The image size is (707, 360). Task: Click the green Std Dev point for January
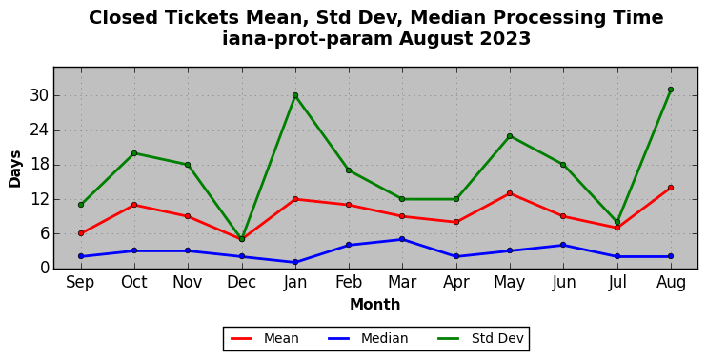(x=295, y=95)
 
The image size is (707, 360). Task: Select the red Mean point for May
(x=510, y=193)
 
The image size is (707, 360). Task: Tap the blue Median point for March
(x=402, y=239)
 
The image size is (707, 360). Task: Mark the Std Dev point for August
(x=671, y=90)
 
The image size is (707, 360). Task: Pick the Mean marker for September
(x=81, y=233)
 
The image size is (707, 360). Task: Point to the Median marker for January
(x=295, y=262)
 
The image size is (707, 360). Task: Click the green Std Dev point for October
(x=134, y=153)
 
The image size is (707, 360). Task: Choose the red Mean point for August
(x=671, y=188)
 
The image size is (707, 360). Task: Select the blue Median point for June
(x=563, y=245)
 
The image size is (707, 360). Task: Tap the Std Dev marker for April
(x=455, y=199)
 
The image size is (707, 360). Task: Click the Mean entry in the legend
(x=265, y=338)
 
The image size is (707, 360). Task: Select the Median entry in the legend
(x=368, y=338)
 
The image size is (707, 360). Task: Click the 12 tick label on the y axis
(x=38, y=199)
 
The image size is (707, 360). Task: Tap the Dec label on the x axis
(x=242, y=283)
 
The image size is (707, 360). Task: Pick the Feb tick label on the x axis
(x=349, y=283)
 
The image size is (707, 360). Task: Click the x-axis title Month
(x=375, y=305)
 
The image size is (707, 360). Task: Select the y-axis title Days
(x=15, y=169)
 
